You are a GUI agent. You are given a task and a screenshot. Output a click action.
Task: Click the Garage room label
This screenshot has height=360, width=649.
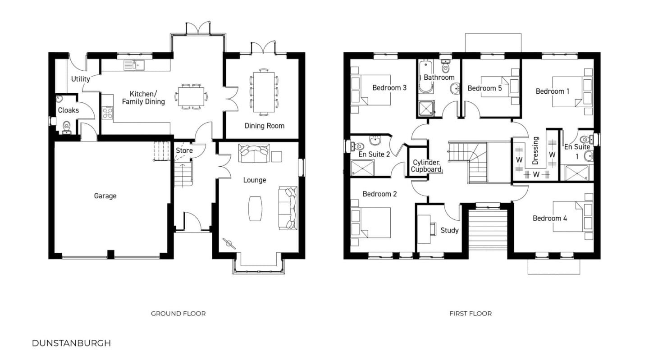click(105, 196)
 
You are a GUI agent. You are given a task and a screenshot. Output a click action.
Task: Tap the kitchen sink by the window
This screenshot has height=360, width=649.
click(134, 65)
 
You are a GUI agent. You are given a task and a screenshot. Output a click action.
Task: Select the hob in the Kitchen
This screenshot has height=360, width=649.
click(107, 112)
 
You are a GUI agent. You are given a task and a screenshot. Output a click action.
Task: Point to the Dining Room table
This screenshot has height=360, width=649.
click(264, 92)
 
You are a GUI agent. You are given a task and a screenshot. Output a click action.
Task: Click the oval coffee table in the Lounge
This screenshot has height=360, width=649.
click(255, 209)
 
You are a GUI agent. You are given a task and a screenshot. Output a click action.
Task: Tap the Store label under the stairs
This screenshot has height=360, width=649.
click(184, 150)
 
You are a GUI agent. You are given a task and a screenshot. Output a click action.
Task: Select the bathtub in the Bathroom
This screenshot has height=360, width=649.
click(425, 77)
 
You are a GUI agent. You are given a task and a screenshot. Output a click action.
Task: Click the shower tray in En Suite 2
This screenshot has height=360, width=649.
click(362, 168)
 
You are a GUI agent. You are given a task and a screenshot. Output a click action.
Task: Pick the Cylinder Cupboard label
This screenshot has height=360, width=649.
click(426, 166)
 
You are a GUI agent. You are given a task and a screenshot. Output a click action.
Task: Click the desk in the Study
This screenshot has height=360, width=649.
click(424, 229)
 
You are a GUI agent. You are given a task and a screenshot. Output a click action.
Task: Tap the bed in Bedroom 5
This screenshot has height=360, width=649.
click(500, 87)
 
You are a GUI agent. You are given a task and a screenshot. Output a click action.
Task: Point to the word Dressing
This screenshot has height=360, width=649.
click(535, 150)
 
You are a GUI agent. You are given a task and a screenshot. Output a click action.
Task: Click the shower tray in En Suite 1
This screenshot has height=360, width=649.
click(577, 173)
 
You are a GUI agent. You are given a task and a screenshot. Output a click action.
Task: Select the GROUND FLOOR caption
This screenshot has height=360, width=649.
click(178, 314)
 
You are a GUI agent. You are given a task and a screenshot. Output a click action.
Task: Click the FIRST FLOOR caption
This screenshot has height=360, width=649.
click(471, 314)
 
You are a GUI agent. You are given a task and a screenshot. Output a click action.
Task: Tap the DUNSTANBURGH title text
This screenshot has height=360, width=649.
click(71, 343)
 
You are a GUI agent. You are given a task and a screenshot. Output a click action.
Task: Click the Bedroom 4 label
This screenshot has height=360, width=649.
click(550, 219)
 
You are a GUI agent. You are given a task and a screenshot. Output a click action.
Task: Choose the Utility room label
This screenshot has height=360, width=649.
click(81, 79)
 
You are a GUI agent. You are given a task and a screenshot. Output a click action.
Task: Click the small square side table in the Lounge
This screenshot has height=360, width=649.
click(277, 157)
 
